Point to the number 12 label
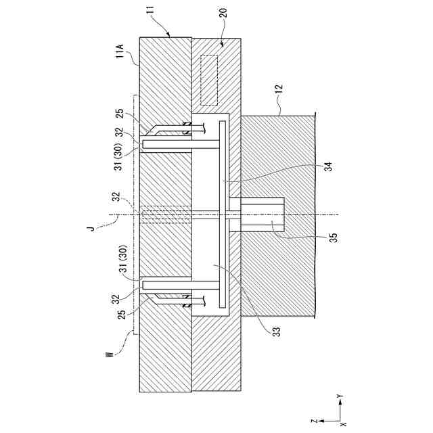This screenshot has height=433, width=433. coord(279,88)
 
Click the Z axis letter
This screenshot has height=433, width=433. coord(314,419)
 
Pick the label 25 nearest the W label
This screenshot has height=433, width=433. coord(118,315)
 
